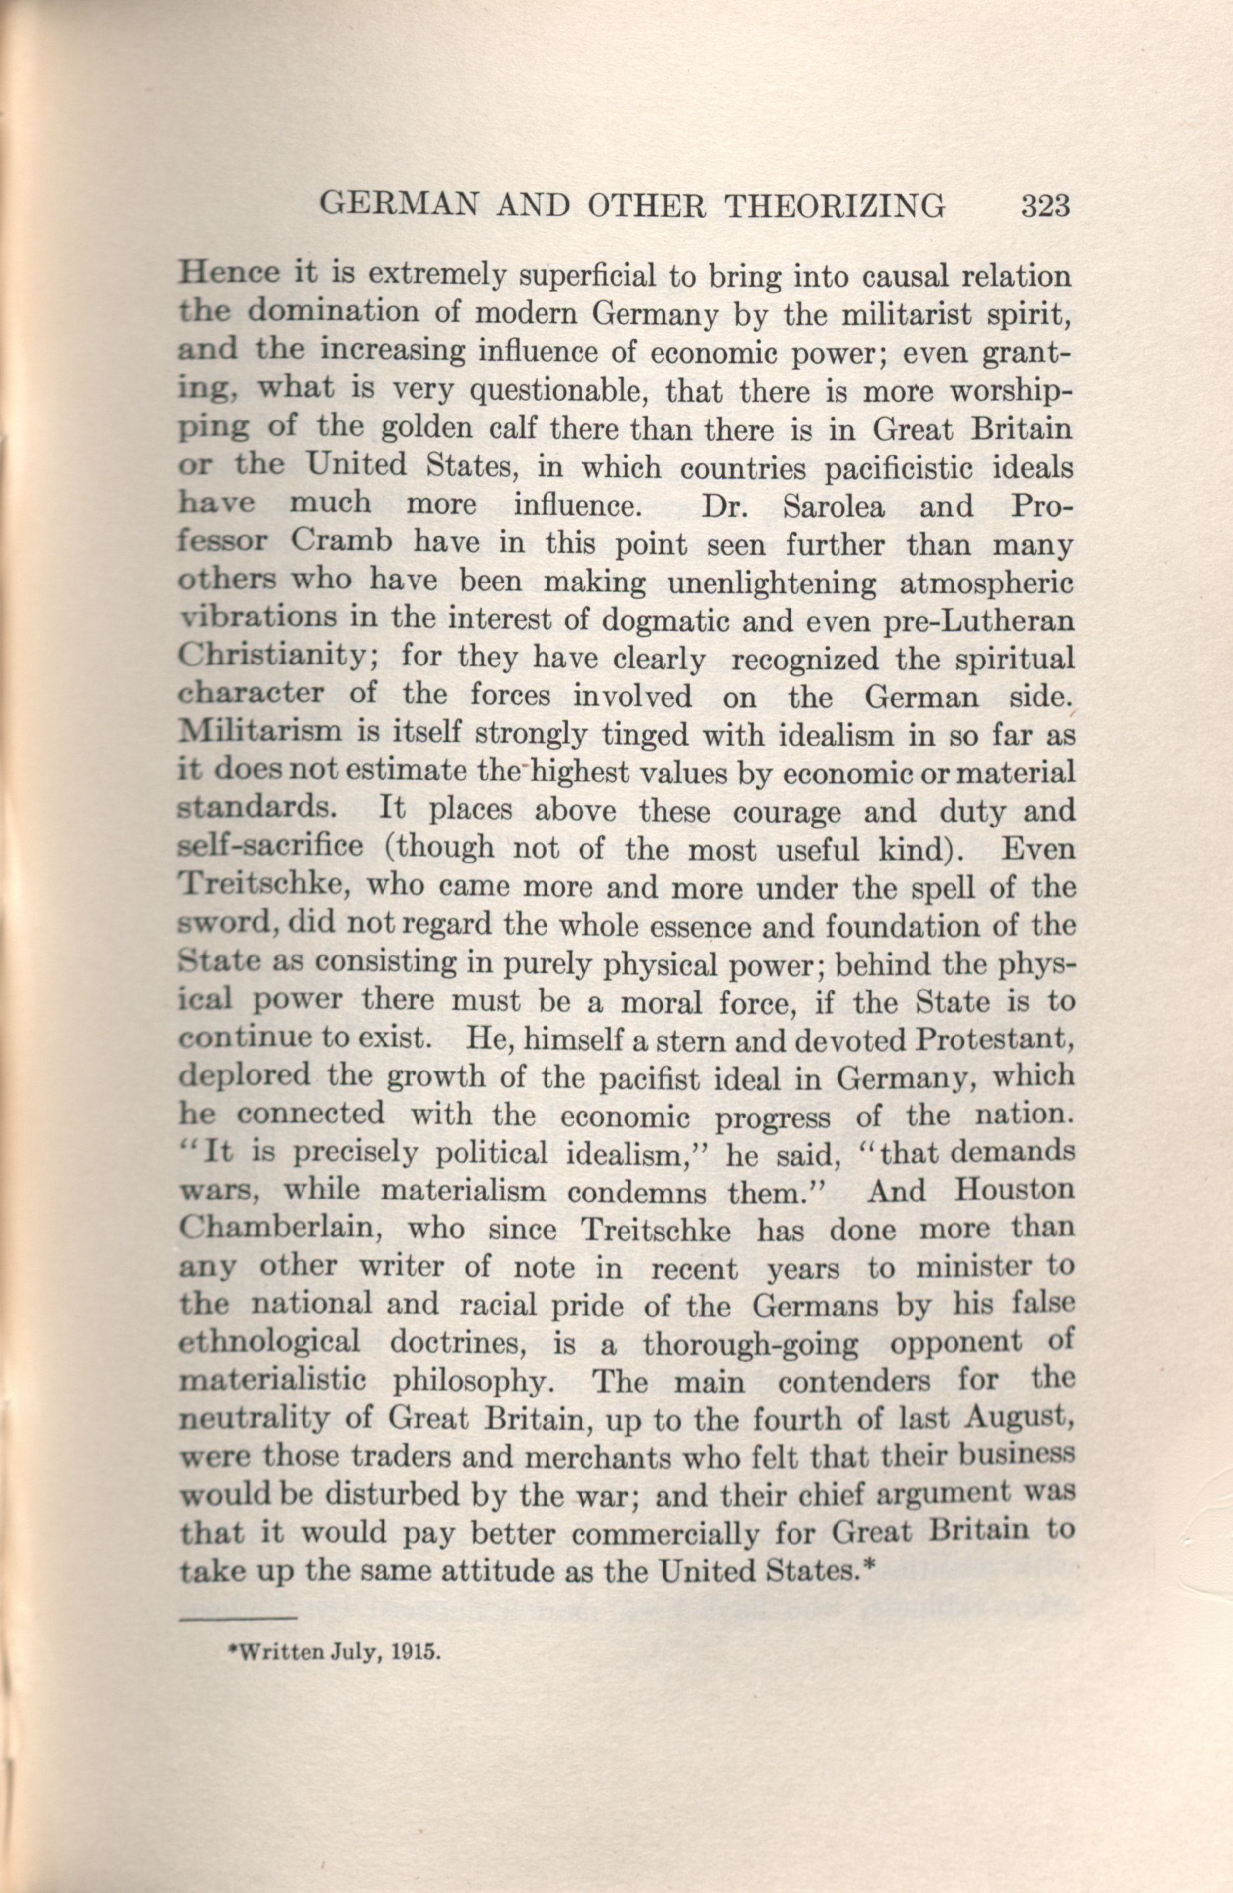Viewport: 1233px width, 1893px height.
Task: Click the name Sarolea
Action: pos(834,507)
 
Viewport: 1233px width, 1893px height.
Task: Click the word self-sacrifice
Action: pos(271,849)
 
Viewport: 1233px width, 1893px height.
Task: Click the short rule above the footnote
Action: pos(237,1614)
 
